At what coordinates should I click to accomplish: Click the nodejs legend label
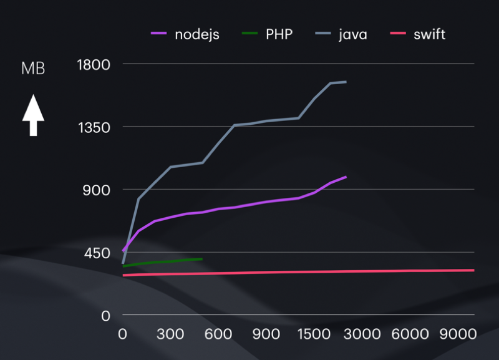[x=198, y=34]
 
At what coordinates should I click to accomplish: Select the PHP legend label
[x=279, y=34]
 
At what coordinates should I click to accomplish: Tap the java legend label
[x=352, y=34]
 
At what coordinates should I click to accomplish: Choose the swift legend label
[x=429, y=34]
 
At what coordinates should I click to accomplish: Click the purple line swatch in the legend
[x=160, y=34]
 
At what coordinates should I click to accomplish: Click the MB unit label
[x=33, y=69]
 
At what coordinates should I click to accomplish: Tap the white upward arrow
[x=33, y=115]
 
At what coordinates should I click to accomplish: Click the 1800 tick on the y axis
[x=92, y=64]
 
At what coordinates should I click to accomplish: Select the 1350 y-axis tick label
[x=92, y=127]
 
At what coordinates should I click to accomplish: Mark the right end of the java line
[x=346, y=82]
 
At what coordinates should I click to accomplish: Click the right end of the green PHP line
[x=202, y=258]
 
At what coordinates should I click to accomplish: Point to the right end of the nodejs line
[x=346, y=177]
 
